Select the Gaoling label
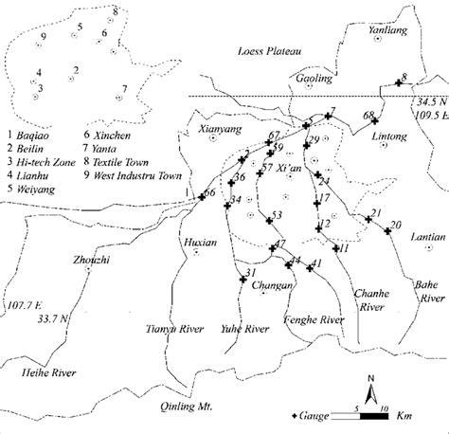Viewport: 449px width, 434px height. (x=314, y=80)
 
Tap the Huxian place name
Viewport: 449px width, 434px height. (x=196, y=241)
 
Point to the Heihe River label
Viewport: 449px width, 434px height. (x=48, y=372)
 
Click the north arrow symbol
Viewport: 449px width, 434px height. (x=372, y=389)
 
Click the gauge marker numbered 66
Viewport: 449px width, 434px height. (x=200, y=196)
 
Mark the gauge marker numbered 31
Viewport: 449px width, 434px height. (x=242, y=280)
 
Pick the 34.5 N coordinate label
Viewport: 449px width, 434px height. (x=428, y=101)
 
